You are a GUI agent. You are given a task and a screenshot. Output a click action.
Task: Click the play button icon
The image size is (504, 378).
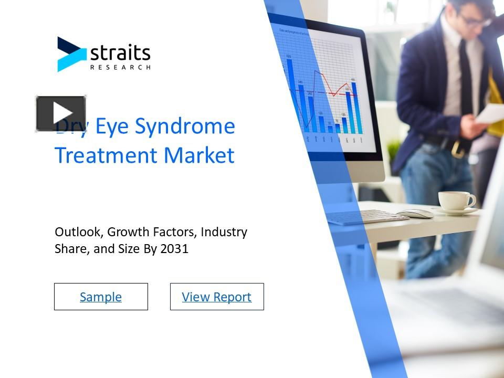tap(61, 113)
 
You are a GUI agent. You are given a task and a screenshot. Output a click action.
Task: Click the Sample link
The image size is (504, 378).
tap(101, 297)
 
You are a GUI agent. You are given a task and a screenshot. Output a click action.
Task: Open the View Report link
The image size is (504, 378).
tap(217, 297)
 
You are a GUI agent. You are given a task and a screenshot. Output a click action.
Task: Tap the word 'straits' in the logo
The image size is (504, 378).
tap(120, 53)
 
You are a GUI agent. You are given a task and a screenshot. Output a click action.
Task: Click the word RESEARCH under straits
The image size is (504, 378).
tap(120, 67)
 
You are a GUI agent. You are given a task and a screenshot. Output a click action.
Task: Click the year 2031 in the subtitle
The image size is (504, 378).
tap(174, 249)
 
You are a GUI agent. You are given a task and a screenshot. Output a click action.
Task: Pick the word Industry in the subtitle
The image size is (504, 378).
tap(224, 232)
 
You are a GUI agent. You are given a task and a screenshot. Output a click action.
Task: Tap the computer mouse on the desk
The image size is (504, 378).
tap(415, 214)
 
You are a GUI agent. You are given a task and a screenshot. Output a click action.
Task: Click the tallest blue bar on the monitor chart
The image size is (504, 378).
tap(289, 92)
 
